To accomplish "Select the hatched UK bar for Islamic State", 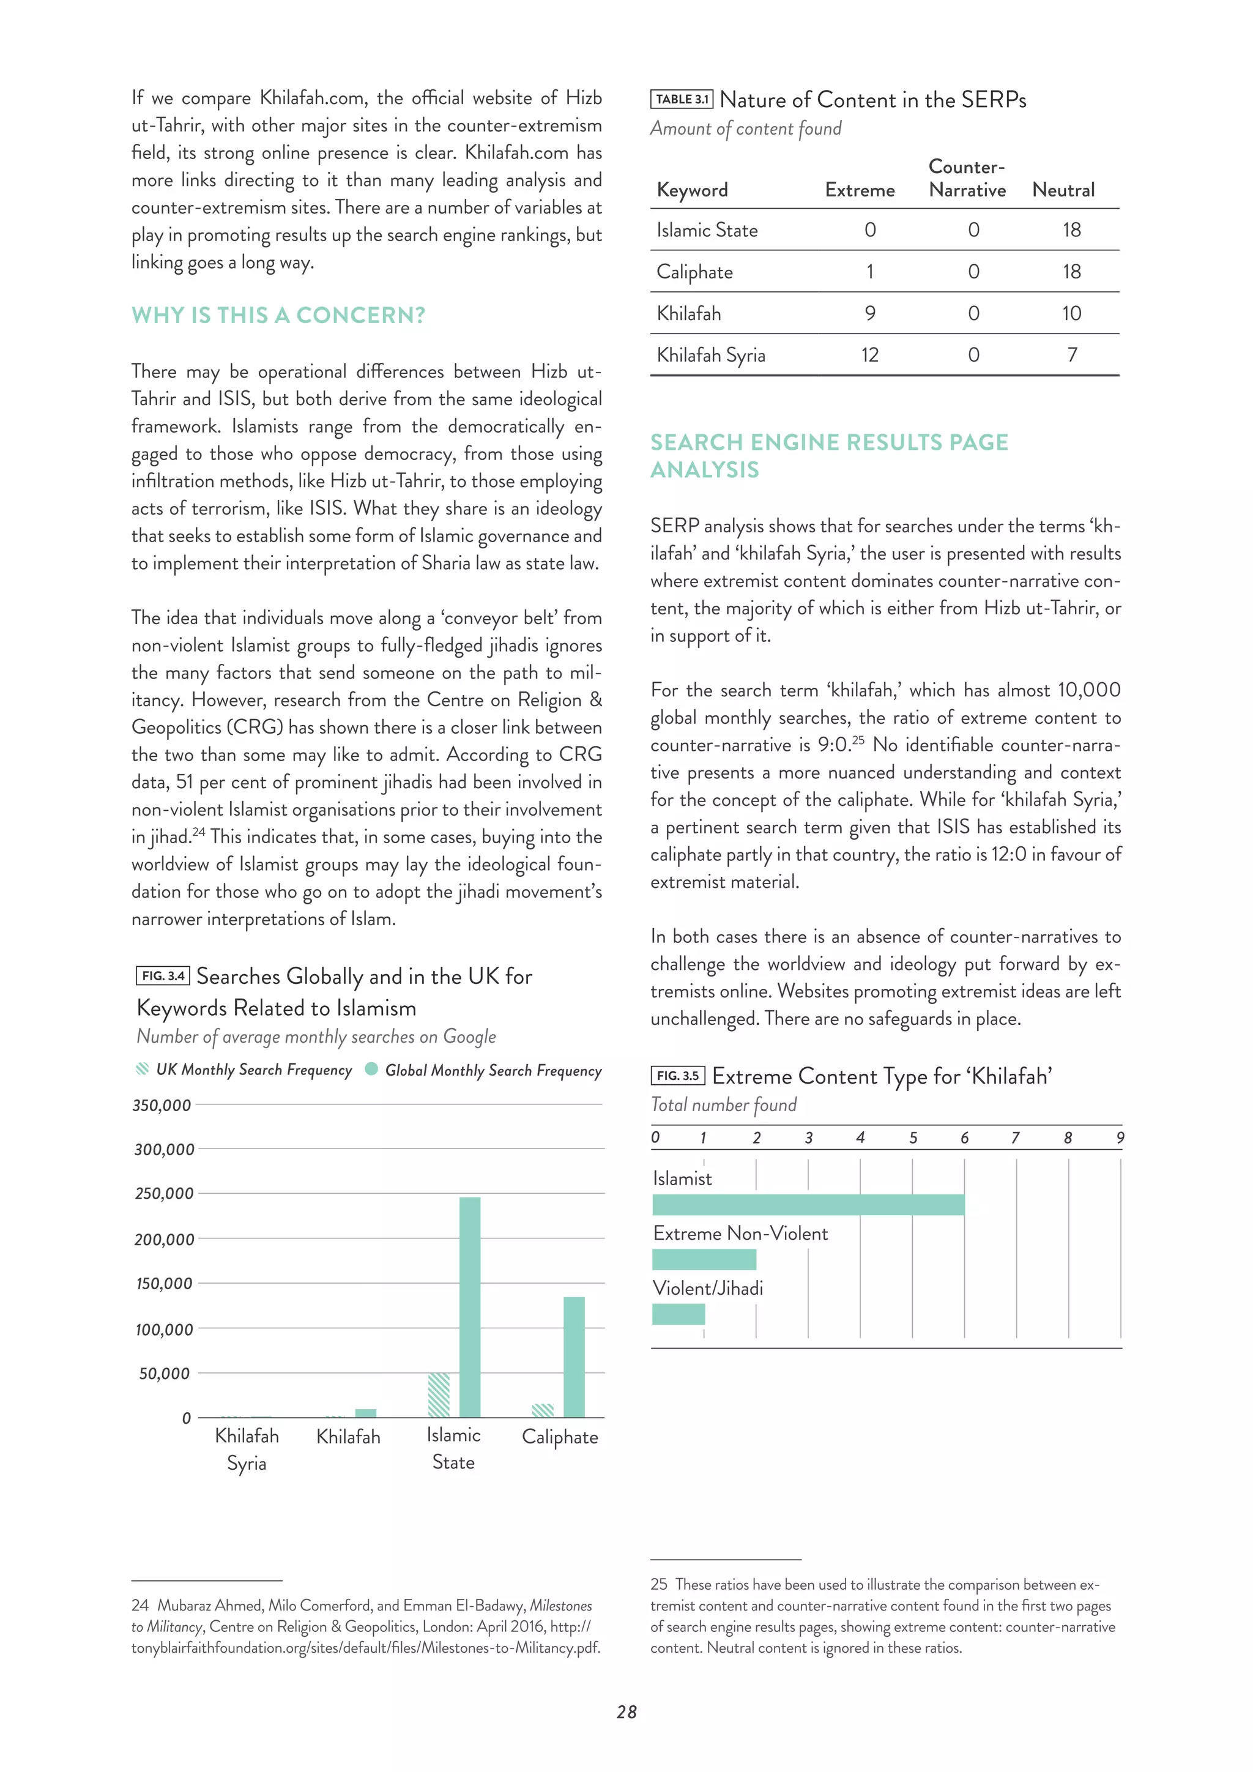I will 439,1394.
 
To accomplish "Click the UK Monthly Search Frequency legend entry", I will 245,1070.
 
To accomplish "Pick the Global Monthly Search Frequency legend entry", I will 484,1070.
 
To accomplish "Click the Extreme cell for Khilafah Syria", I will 869,355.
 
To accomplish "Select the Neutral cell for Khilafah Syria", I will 1072,355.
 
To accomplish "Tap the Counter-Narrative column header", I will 967,178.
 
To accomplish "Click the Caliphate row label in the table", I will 694,272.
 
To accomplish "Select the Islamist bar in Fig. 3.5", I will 808,1205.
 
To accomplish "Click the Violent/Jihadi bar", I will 678,1314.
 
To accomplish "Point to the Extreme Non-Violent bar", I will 704,1259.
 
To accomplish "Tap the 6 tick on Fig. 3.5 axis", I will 964,1137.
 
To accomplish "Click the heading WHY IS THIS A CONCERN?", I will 278,315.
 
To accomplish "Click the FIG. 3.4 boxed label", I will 163,975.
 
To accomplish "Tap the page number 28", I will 626,1712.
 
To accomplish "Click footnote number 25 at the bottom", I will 658,1584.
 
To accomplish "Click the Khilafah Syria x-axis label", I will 247,1450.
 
